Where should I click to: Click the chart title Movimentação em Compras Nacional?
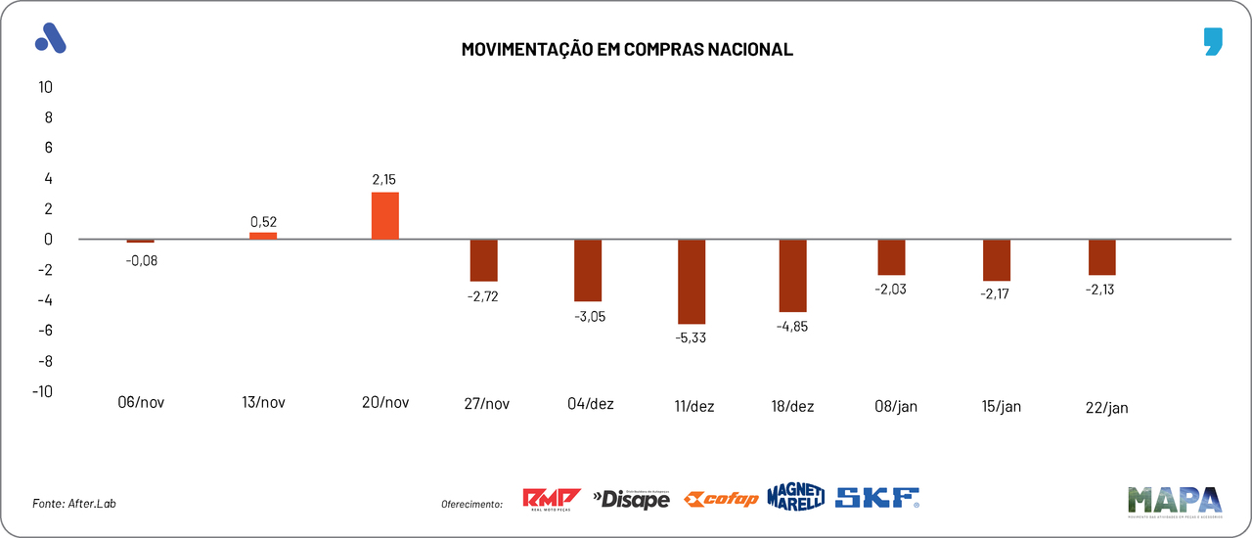tap(626, 49)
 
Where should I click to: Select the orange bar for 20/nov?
tap(385, 216)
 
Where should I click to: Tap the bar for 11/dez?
tap(692, 282)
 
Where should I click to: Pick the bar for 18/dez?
tap(793, 276)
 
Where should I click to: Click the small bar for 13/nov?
tap(263, 236)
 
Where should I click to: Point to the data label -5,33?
tap(692, 338)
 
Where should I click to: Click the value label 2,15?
tap(384, 179)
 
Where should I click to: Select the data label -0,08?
tap(141, 260)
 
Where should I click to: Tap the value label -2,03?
tap(891, 290)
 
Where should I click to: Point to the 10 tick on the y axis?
tap(45, 87)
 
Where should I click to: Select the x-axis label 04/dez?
tap(591, 403)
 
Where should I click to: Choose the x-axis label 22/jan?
tap(1106, 408)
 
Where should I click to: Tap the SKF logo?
tap(877, 498)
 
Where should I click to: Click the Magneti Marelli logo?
tap(795, 497)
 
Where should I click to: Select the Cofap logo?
tap(721, 500)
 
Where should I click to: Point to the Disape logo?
tap(632, 500)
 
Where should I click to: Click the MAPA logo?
tap(1174, 501)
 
